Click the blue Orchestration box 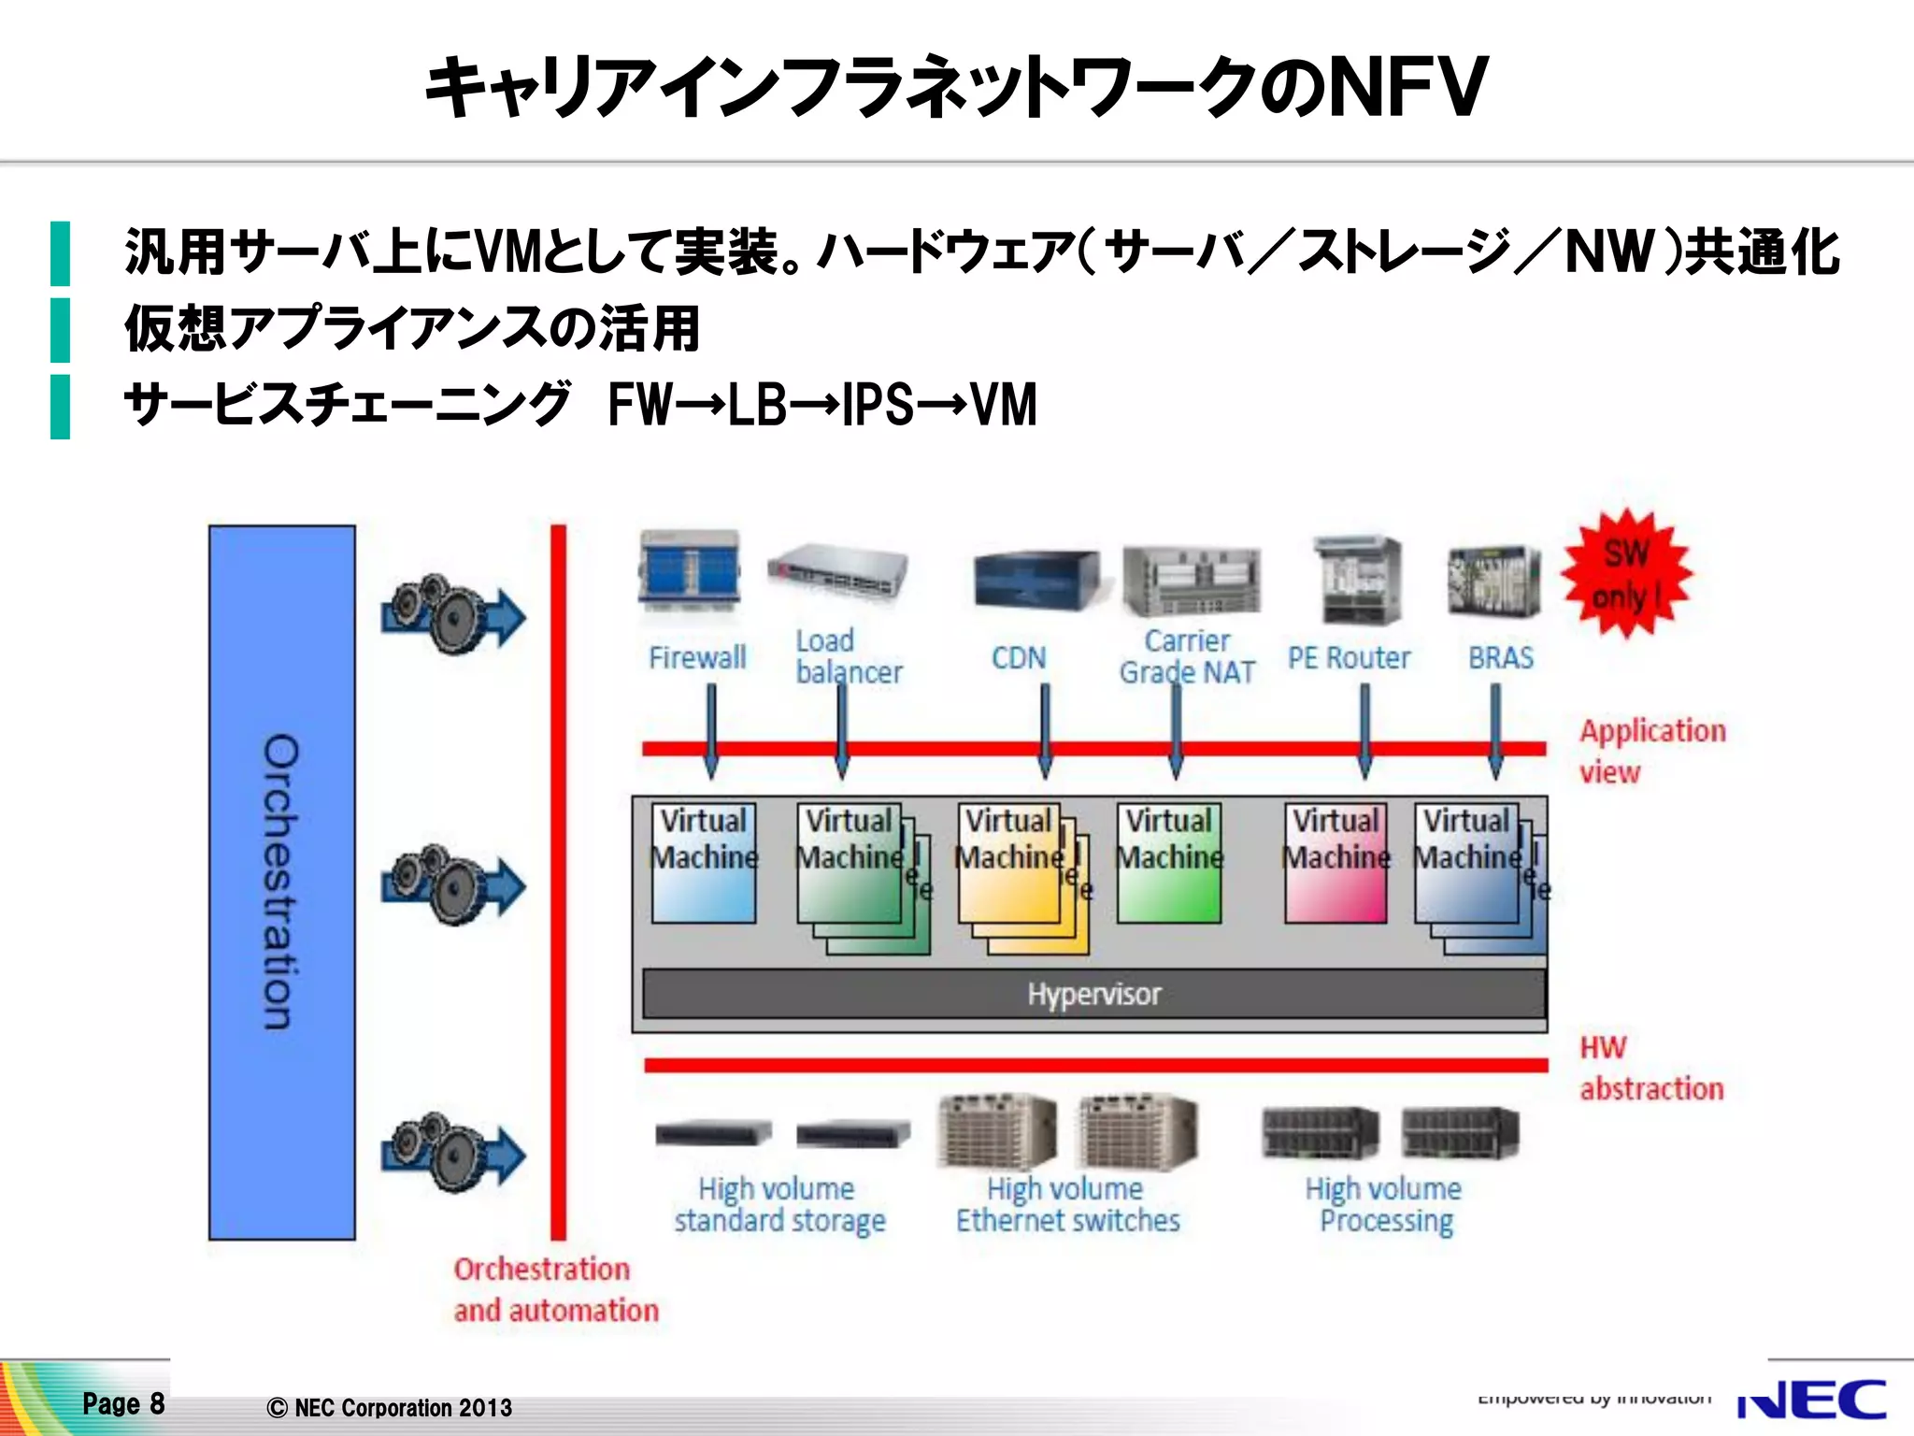click(281, 882)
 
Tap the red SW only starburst click(1626, 574)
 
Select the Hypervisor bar click(1093, 994)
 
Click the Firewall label click(697, 657)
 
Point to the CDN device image click(1035, 580)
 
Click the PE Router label click(1349, 658)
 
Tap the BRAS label click(1500, 658)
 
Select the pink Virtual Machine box click(1336, 863)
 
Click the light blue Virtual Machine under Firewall click(703, 863)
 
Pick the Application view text click(1651, 751)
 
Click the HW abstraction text click(1650, 1068)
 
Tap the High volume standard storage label click(779, 1204)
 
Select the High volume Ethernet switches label click(1067, 1204)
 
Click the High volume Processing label click(1384, 1204)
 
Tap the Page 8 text click(123, 1403)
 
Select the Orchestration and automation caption click(555, 1289)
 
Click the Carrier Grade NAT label click(1187, 656)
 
